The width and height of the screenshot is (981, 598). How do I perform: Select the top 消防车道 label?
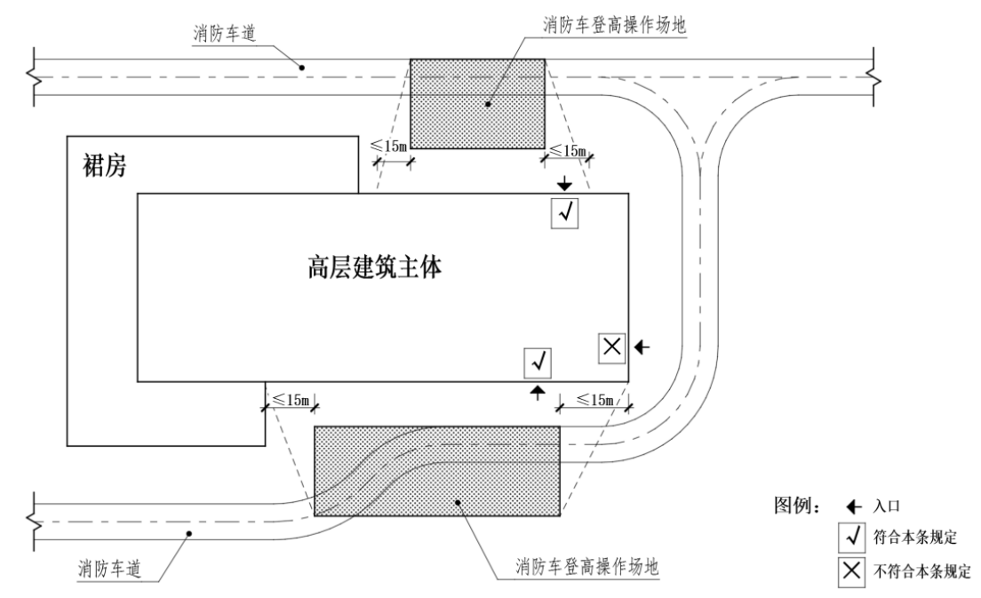221,33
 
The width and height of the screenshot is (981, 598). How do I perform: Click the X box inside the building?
611,347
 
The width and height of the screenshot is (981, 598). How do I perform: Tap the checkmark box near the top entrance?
565,213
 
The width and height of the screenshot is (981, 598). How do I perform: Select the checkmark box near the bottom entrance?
538,362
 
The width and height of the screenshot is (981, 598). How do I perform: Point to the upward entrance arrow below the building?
537,392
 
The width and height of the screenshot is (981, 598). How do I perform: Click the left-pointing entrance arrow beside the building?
642,347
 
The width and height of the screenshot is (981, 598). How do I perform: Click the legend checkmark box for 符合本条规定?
851,538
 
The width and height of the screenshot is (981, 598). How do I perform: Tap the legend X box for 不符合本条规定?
851,570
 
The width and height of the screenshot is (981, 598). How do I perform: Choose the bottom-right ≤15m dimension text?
595,400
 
